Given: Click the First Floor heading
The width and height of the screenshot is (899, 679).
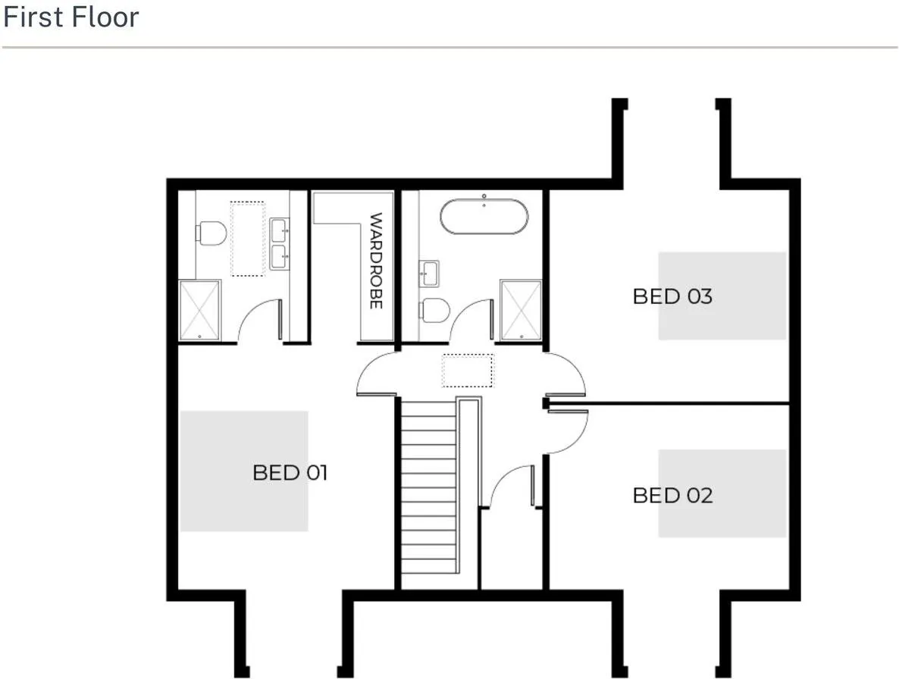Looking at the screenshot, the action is (71, 17).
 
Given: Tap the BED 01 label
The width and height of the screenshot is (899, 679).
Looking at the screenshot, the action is (290, 473).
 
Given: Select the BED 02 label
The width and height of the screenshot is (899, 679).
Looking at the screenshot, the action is (672, 496).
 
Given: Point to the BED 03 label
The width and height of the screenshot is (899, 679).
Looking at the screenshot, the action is (672, 296).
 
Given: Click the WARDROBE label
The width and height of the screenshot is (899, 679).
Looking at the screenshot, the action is (375, 261).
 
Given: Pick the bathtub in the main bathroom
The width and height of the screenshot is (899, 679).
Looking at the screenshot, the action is (484, 217).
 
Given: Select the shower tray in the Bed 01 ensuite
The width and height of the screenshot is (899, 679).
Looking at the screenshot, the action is (199, 310).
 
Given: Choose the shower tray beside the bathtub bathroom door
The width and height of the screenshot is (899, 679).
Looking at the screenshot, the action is (521, 310).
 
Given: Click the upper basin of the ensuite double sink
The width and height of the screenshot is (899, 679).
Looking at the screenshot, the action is (280, 230).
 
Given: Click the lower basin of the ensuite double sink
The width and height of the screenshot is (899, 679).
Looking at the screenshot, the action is (280, 257).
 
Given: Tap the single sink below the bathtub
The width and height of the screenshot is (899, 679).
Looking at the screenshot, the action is (429, 274).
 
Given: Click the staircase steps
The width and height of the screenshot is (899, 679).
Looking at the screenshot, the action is (429, 487).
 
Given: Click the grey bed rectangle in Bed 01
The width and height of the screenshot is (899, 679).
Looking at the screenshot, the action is (244, 471).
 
